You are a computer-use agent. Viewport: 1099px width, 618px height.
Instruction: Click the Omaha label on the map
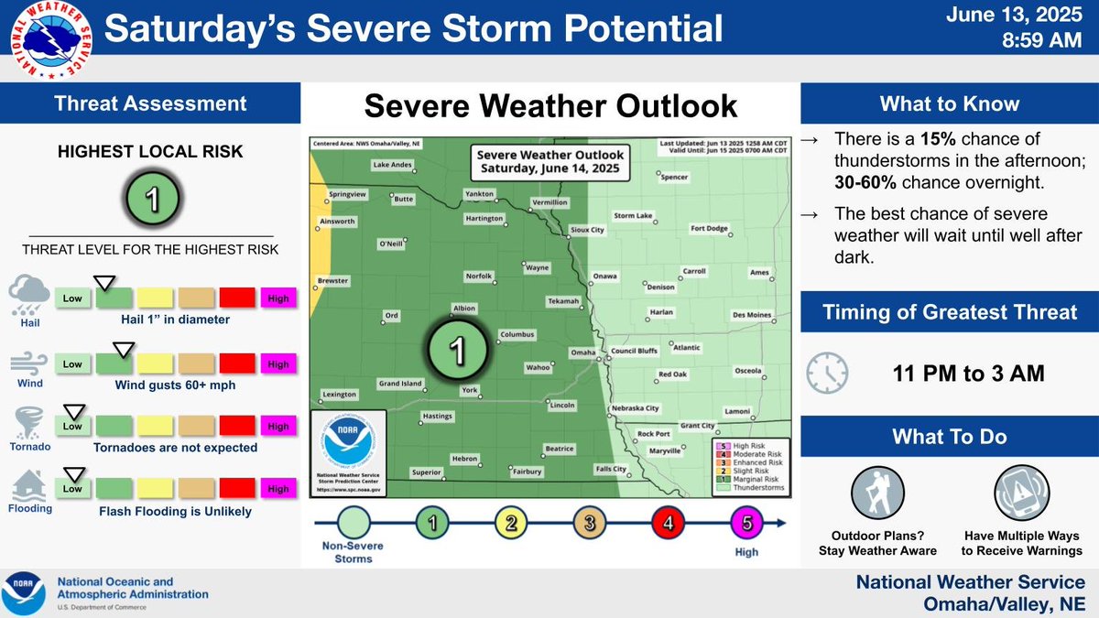(x=582, y=352)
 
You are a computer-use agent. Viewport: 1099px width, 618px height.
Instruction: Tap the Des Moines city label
(x=751, y=315)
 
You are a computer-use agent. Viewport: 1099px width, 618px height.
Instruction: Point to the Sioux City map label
(x=587, y=230)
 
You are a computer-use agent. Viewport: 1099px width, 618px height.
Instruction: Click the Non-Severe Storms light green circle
(x=354, y=524)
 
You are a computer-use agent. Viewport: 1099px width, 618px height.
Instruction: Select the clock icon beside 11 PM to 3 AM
(x=827, y=373)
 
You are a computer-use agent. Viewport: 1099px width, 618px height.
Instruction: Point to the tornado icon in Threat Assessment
(x=27, y=425)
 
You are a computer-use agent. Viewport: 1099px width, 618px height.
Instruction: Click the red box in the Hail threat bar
(x=237, y=298)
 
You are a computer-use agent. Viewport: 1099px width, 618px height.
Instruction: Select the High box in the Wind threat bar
(x=278, y=363)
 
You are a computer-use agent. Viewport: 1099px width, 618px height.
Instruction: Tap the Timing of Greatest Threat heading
(x=949, y=312)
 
